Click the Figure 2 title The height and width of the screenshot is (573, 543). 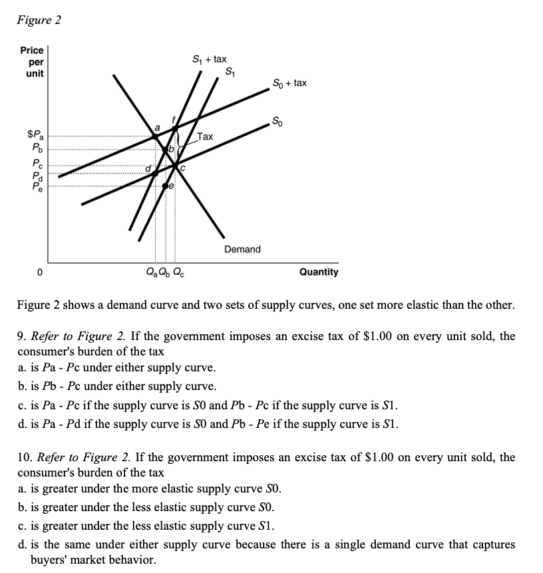(x=39, y=20)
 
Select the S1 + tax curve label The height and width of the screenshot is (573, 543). (x=209, y=60)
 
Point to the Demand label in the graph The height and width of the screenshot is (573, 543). (x=242, y=249)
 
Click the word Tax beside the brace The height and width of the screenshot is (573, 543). (x=205, y=136)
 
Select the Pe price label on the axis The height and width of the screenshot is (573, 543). (x=37, y=188)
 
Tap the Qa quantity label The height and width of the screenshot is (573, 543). (x=150, y=272)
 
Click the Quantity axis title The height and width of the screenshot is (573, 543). (x=318, y=272)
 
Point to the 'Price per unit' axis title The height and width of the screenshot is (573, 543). (x=32, y=61)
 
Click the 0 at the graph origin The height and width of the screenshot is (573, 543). (x=39, y=272)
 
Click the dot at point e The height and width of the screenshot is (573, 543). (x=165, y=187)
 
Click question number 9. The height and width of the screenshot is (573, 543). (x=21, y=336)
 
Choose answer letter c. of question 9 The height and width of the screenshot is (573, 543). (x=22, y=405)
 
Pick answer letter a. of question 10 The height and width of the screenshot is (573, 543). (x=22, y=489)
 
